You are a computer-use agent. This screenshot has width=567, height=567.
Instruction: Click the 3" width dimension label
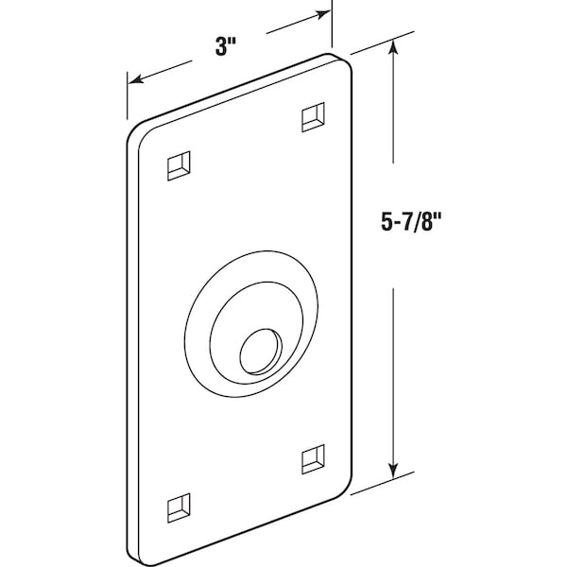point(226,46)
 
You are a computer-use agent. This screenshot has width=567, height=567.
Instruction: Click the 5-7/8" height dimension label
point(411,221)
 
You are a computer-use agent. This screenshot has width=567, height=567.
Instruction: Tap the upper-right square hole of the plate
point(313,117)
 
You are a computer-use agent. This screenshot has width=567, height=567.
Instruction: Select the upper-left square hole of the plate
point(179,165)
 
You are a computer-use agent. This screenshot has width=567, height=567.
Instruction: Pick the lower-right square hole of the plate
point(313,459)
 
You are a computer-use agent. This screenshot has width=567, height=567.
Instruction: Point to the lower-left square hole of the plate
point(179,507)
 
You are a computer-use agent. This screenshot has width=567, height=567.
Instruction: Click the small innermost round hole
point(261,352)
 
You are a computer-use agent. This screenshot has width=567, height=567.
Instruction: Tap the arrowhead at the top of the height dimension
point(393,48)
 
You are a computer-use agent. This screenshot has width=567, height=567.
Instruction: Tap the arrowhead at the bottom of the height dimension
point(393,470)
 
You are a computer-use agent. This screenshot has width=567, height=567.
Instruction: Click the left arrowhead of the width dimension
point(136,78)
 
